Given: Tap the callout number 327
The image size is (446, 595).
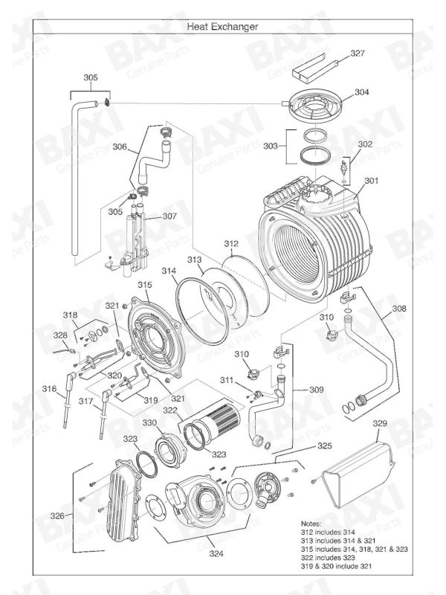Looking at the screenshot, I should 358,54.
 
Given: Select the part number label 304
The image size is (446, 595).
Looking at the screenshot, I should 361,93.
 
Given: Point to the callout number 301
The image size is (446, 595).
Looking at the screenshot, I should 372,180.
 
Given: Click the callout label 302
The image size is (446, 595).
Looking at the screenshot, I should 365,144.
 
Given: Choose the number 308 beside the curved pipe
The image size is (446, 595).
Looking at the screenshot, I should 399,308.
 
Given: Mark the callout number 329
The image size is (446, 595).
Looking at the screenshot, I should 380,423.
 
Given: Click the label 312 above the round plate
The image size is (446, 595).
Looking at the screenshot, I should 231,243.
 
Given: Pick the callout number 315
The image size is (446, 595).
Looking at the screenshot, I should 145,285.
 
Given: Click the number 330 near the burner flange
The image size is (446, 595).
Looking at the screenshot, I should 150,422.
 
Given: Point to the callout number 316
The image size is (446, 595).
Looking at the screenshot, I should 48,389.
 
